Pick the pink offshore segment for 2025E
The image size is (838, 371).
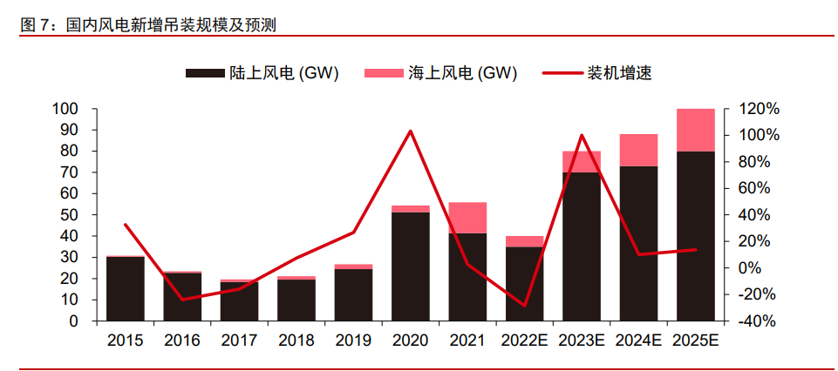pos(695,130)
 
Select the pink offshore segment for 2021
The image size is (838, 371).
pos(467,218)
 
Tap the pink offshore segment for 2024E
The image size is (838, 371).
pos(638,150)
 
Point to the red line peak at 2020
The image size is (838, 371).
pos(411,132)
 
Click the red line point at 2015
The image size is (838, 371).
pos(126,225)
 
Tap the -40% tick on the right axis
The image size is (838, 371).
pos(757,320)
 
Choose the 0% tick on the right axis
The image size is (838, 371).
pos(753,267)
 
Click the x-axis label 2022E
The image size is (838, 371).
pos(525,341)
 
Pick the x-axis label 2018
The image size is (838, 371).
pos(296,341)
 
